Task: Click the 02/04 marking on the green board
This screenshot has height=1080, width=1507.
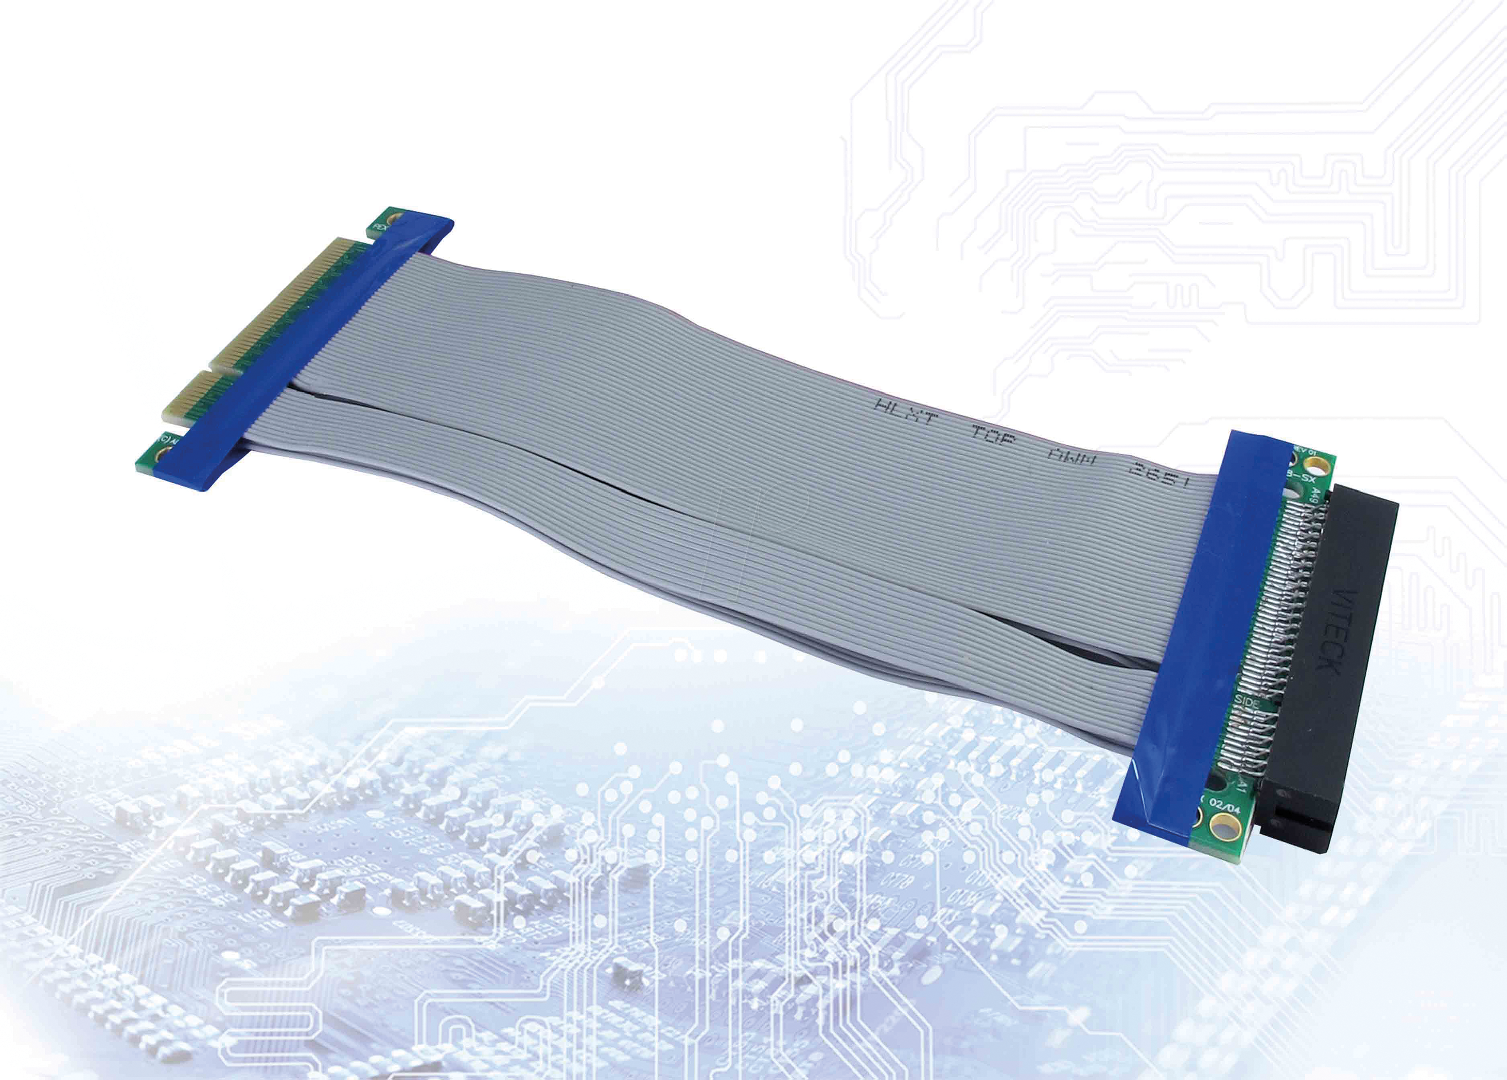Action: (1225, 806)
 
